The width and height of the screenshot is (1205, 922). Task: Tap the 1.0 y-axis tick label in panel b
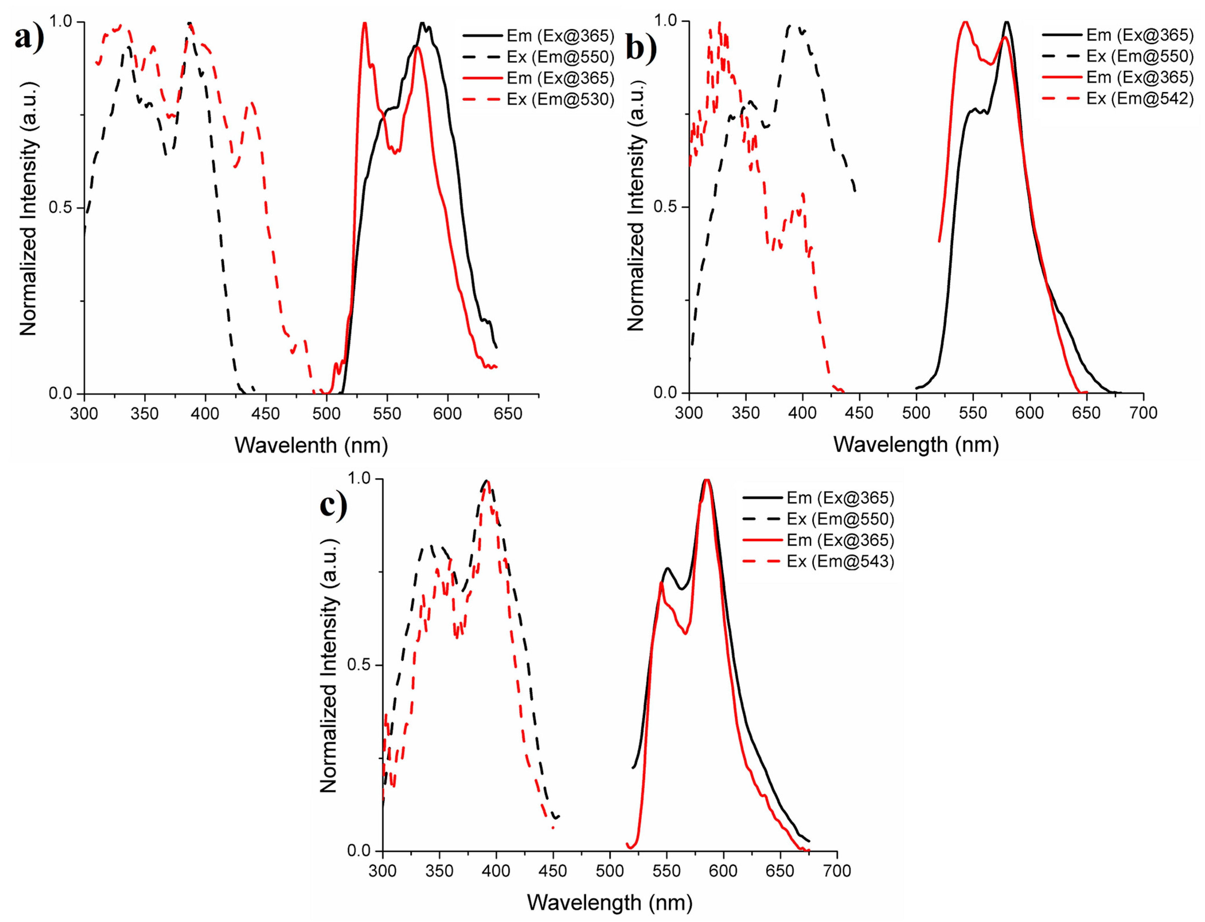click(666, 21)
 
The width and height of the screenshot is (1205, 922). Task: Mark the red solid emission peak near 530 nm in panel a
click(364, 23)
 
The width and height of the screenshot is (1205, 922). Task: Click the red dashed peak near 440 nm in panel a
click(252, 103)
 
